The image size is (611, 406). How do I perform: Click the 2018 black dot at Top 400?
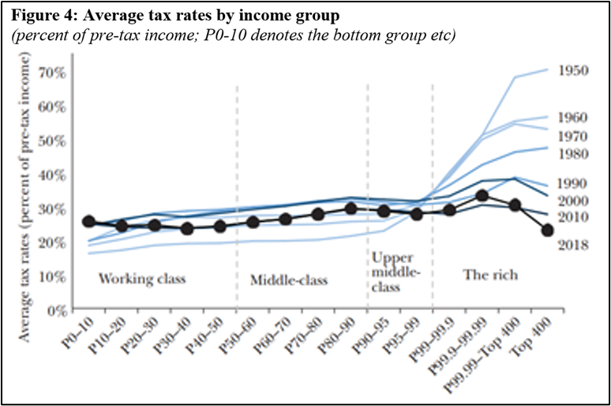[x=547, y=230]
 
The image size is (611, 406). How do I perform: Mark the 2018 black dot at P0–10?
[x=89, y=222]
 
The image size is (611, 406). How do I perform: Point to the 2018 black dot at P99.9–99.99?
[x=482, y=196]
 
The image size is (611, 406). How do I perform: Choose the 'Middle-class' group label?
[x=288, y=280]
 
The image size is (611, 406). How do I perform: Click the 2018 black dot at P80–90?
[x=351, y=209]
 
